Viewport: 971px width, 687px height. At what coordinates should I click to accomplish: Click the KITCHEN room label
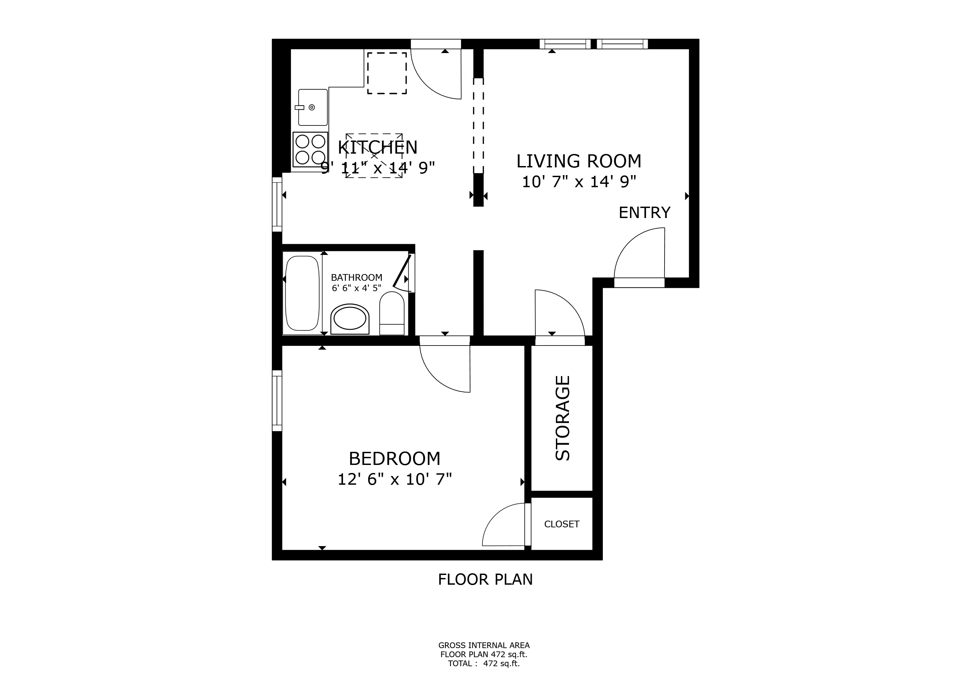pos(378,148)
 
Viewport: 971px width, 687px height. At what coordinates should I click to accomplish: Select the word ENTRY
pos(644,212)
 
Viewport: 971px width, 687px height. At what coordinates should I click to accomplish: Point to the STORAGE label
pos(563,418)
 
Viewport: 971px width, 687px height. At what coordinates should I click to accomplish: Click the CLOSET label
pos(562,524)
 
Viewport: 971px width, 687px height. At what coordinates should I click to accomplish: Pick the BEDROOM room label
pos(395,459)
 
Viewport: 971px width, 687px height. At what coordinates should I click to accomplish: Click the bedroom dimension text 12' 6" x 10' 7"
pos(395,479)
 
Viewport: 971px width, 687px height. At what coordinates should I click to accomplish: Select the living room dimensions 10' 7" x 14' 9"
pos(579,182)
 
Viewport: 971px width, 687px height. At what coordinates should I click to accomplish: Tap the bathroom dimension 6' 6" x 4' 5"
pos(356,288)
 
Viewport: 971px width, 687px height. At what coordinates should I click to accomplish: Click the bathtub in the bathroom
pos(302,293)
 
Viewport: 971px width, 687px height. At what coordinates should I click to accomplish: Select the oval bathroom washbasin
pos(350,319)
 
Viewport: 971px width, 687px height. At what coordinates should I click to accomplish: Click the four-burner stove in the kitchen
pos(310,149)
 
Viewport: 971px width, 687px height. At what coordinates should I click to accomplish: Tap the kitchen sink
pos(312,107)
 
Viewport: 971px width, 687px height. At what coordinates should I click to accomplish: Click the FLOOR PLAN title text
pos(485,579)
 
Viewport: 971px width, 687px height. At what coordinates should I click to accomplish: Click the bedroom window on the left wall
pos(277,401)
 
